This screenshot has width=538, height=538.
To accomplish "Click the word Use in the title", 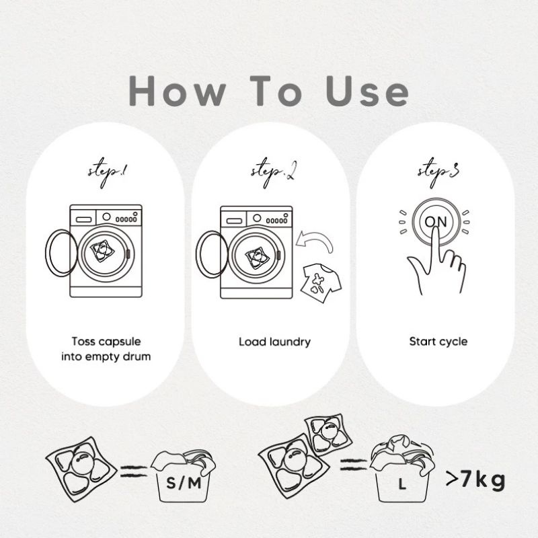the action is coord(367,91).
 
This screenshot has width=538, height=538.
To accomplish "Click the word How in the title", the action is coord(178,91).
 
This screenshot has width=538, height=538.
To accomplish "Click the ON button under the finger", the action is coord(436,221).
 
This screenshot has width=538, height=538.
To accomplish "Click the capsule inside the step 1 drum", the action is coord(102,251).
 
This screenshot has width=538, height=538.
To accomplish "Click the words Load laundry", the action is coord(274,342).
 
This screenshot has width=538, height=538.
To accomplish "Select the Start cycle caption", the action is coord(438,342).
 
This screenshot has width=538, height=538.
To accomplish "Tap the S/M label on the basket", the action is coord(184,484).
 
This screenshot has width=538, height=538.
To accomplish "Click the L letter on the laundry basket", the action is coord(402,484).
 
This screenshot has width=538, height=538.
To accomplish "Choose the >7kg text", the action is coord(475,479).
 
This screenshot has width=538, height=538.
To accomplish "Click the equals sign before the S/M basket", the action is coord(134,471).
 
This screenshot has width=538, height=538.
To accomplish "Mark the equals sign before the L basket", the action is coord(354,464).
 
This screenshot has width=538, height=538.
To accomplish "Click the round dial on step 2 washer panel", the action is coord(257,218).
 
